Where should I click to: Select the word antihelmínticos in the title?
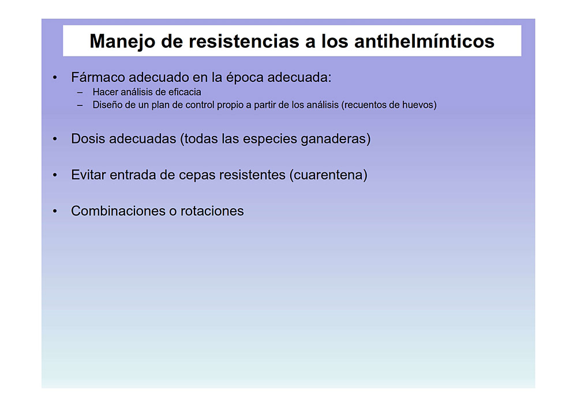coord(424,41)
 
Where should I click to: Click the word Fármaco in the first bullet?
coord(98,77)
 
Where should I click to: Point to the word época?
coord(245,78)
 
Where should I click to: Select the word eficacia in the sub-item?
coord(185,92)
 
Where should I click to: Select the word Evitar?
coord(89,175)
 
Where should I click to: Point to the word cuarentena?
coord(328,175)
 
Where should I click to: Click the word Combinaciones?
coord(118,211)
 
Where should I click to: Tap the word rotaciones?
coord(212,211)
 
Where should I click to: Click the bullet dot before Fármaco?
coord(55,78)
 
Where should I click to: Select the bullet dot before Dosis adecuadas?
coord(55,139)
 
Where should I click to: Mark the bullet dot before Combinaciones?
coord(55,212)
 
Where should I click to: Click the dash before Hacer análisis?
coord(80,93)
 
